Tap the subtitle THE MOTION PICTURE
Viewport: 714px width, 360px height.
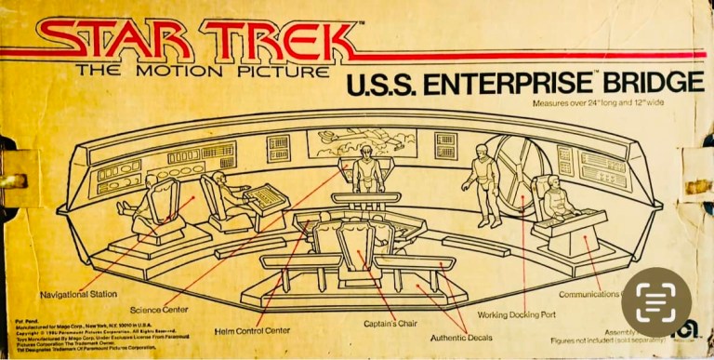coord(202,70)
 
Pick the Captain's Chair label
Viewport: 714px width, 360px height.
coord(390,323)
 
